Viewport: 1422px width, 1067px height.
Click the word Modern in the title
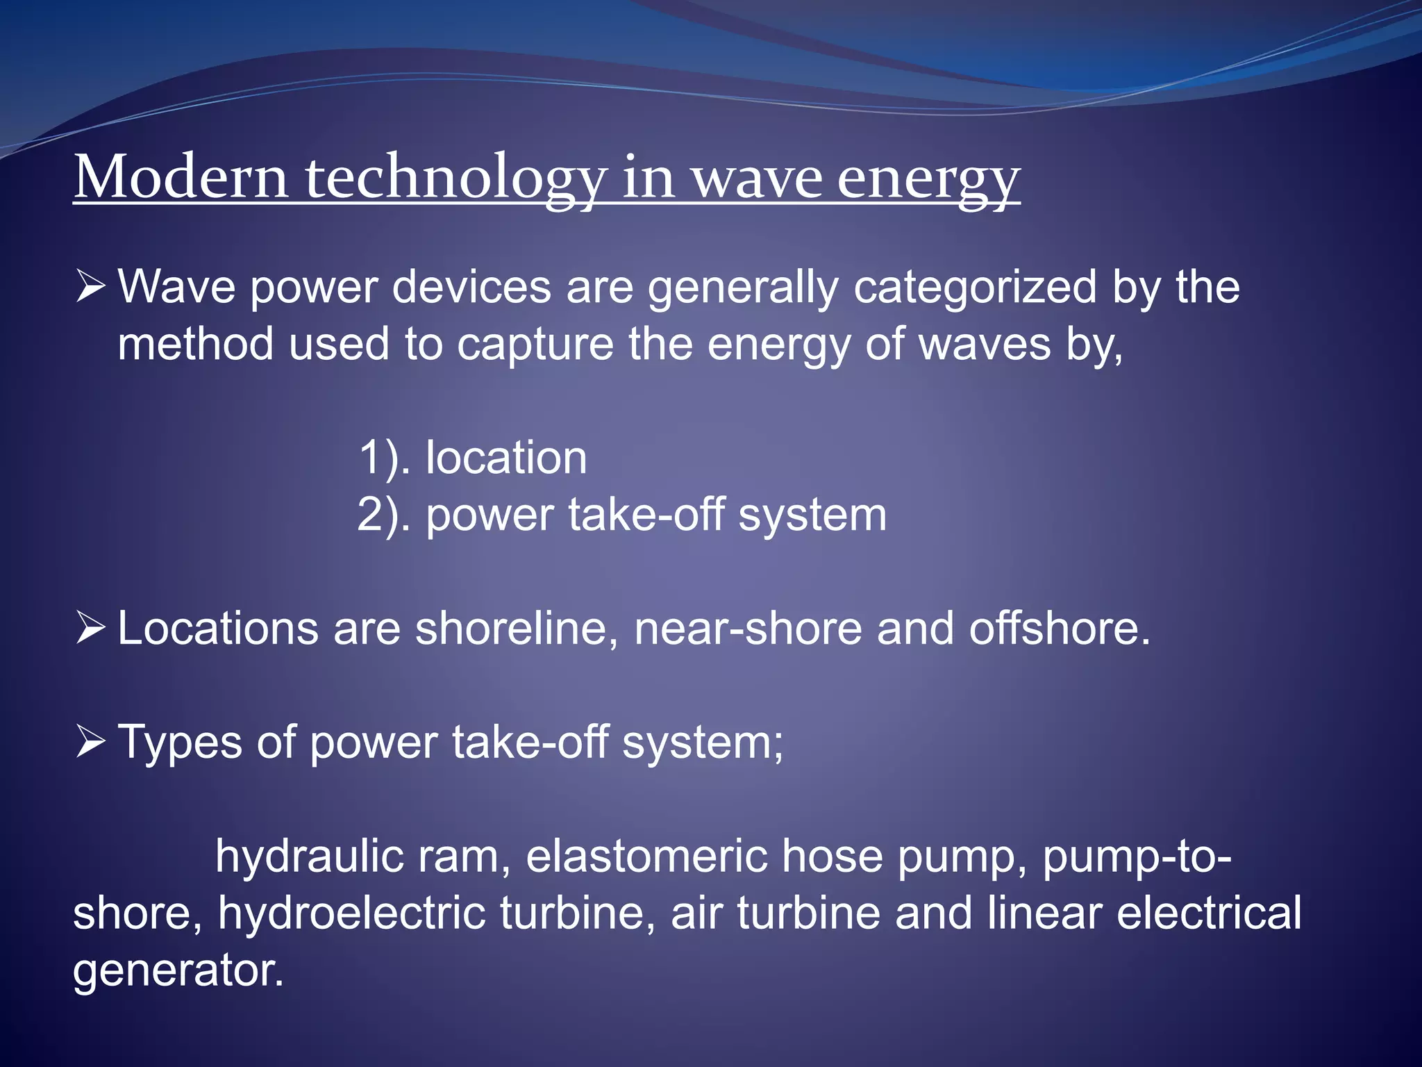[181, 178]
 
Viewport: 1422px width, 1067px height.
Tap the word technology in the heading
[455, 179]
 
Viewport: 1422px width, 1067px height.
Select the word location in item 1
[506, 458]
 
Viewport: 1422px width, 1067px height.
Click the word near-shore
[747, 629]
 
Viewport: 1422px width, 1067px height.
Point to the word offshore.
[1060, 629]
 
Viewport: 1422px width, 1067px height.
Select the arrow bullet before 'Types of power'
[90, 742]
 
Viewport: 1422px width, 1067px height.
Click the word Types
[180, 743]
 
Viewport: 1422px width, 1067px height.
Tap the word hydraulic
[309, 857]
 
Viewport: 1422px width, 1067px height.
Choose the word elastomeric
[646, 857]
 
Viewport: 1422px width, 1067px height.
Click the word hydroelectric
[351, 913]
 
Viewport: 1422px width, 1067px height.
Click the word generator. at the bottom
[178, 971]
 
